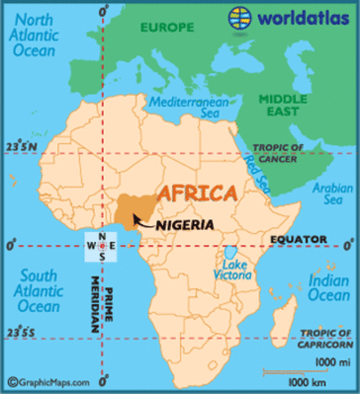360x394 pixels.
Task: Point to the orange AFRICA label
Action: click(x=195, y=195)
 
